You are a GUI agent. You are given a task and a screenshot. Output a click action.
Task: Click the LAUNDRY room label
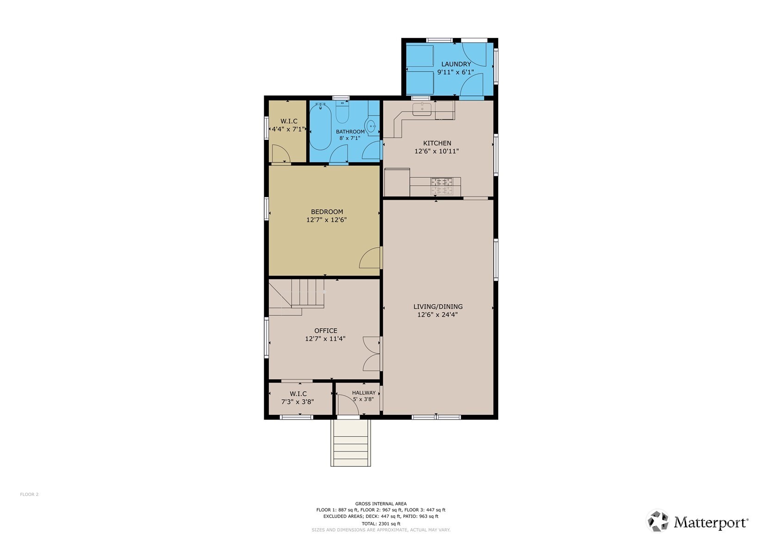click(x=456, y=64)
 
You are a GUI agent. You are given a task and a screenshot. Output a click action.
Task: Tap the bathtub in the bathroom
click(x=320, y=127)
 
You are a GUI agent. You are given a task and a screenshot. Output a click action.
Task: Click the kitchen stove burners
click(x=442, y=186)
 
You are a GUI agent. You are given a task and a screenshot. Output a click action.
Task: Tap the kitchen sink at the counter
click(x=422, y=109)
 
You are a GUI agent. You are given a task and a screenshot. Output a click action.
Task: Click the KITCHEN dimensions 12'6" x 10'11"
click(x=437, y=151)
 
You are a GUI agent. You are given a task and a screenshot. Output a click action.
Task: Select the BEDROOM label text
click(x=327, y=212)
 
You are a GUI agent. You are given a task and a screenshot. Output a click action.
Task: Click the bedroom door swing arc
click(x=370, y=258)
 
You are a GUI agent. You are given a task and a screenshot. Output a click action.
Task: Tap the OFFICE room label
click(x=326, y=331)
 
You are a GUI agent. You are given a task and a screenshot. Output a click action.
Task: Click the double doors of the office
click(x=372, y=353)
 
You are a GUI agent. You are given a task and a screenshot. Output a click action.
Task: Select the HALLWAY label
click(x=364, y=393)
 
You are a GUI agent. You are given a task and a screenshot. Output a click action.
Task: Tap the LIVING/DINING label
click(x=438, y=307)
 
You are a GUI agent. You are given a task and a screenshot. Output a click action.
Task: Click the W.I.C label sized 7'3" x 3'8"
click(x=298, y=398)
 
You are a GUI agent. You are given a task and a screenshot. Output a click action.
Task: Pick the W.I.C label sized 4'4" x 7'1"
click(x=288, y=125)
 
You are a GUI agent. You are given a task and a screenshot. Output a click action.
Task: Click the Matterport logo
click(x=698, y=522)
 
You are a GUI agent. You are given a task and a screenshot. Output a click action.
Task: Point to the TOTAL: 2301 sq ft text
click(x=381, y=524)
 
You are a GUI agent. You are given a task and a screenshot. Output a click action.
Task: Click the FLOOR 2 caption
click(x=29, y=495)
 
